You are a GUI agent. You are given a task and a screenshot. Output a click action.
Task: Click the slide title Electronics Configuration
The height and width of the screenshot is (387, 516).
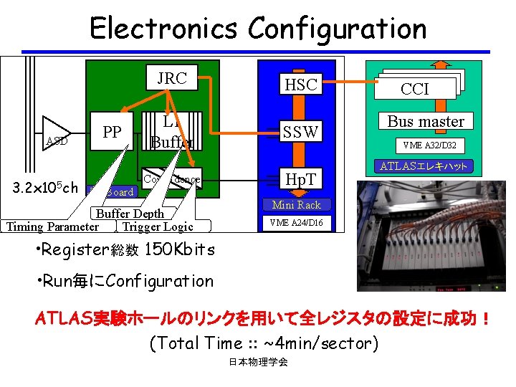[258, 29]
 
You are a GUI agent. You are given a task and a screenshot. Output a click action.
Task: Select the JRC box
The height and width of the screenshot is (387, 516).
[172, 78]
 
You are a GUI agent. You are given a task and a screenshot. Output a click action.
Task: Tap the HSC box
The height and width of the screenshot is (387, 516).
[301, 84]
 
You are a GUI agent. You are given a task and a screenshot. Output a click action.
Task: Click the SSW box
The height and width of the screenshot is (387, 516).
[301, 131]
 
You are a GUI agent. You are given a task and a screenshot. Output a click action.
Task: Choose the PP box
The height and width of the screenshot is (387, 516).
[112, 133]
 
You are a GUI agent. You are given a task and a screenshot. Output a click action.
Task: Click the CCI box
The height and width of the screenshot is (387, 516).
[415, 88]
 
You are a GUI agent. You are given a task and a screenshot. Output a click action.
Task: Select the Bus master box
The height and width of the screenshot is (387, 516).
[426, 121]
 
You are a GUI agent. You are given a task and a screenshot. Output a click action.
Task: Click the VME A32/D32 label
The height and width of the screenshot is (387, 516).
[434, 145]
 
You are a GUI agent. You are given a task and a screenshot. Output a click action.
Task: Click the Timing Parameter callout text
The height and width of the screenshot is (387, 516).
[52, 227]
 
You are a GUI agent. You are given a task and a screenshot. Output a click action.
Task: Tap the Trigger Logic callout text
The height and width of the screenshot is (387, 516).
[158, 227]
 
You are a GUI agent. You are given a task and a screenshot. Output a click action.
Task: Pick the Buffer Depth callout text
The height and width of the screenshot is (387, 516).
[130, 214]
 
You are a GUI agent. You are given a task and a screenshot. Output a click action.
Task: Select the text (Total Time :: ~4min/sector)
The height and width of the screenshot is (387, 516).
[262, 343]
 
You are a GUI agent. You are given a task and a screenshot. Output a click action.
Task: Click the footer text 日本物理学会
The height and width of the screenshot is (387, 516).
[258, 363]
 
